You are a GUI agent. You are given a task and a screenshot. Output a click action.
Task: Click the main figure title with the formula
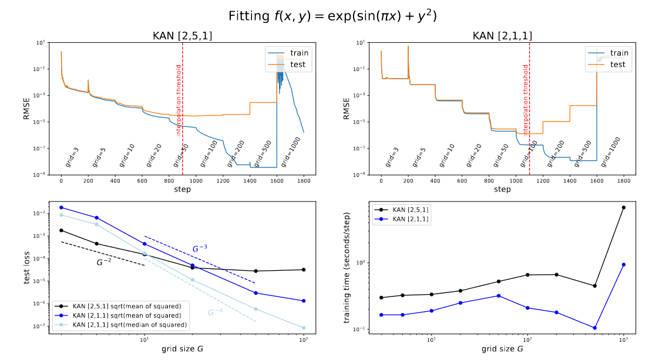(324, 15)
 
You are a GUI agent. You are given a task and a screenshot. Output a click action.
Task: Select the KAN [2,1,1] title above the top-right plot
(502, 36)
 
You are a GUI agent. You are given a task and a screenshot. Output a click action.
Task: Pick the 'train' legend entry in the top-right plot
(619, 53)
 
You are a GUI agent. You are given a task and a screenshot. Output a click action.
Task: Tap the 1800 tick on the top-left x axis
(304, 181)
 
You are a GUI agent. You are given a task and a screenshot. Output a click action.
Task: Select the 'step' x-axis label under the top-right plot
(502, 189)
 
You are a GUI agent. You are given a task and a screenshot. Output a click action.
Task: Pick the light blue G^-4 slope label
(215, 312)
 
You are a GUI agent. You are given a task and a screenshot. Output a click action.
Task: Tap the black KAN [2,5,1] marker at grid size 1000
(623, 207)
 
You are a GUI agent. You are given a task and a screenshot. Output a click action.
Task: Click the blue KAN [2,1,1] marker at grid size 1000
(623, 264)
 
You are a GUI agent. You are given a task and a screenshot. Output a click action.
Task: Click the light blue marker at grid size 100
(304, 328)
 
